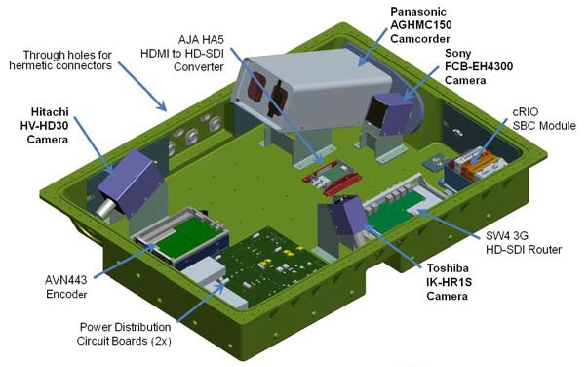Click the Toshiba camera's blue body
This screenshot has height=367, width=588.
345,223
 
